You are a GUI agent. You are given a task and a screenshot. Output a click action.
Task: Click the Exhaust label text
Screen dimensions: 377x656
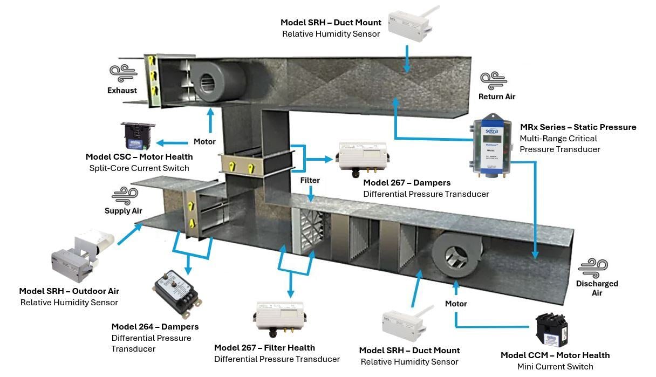pyautogui.click(x=122, y=91)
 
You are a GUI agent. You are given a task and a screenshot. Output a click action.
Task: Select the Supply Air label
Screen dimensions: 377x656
pyautogui.click(x=124, y=211)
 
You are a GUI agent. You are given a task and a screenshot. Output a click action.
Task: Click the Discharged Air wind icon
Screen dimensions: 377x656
pyautogui.click(x=593, y=268)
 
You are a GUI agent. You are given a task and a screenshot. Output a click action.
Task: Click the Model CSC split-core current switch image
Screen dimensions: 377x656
pyautogui.click(x=138, y=135)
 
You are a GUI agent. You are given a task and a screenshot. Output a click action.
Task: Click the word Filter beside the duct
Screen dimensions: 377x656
pyautogui.click(x=310, y=181)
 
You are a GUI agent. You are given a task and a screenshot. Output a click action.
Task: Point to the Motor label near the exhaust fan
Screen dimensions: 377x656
pyautogui.click(x=204, y=142)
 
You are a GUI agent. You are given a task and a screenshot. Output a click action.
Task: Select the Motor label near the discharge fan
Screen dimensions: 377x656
pyautogui.click(x=456, y=304)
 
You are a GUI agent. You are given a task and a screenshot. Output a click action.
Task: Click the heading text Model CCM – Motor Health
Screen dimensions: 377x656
pyautogui.click(x=555, y=355)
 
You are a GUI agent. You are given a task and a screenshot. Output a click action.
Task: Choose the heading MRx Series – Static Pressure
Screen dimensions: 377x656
pyautogui.click(x=578, y=127)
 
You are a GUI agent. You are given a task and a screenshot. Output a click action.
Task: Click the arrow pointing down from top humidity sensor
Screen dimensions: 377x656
pyautogui.click(x=407, y=59)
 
